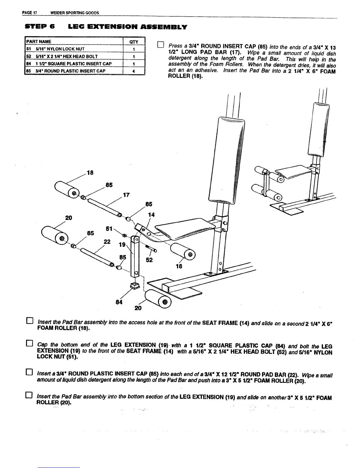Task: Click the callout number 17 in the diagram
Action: coord(127,195)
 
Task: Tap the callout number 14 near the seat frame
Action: coord(151,215)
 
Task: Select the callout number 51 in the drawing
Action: coord(109,229)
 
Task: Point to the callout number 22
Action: coord(107,242)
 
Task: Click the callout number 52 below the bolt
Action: coord(149,260)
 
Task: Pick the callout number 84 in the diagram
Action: coord(119,302)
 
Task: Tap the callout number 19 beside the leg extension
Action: coord(122,245)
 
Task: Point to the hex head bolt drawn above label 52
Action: coord(151,248)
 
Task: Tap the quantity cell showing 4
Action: coord(134,71)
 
